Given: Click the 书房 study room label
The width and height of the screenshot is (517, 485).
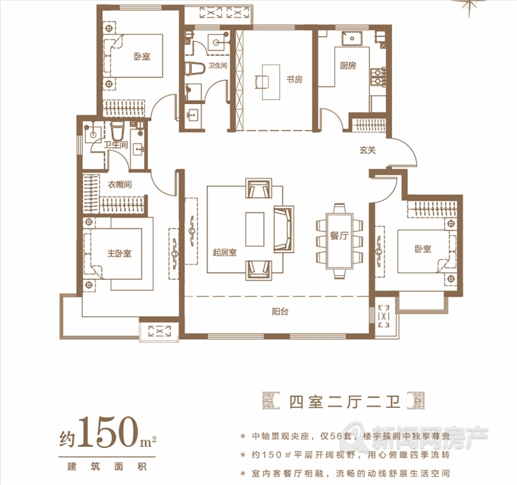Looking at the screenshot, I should pos(294,80).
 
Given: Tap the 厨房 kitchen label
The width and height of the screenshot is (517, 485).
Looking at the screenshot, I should pos(348,65).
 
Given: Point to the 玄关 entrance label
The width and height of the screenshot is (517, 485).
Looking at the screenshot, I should pos(368,150).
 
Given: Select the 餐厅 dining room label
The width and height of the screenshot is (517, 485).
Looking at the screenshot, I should pos(339,236).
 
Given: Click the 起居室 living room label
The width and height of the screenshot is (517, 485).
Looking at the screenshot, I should pos(224,253).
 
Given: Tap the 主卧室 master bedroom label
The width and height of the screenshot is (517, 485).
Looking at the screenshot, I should pos(119,253).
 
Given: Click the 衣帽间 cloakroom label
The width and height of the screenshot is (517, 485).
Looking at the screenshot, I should pos(120,184).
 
